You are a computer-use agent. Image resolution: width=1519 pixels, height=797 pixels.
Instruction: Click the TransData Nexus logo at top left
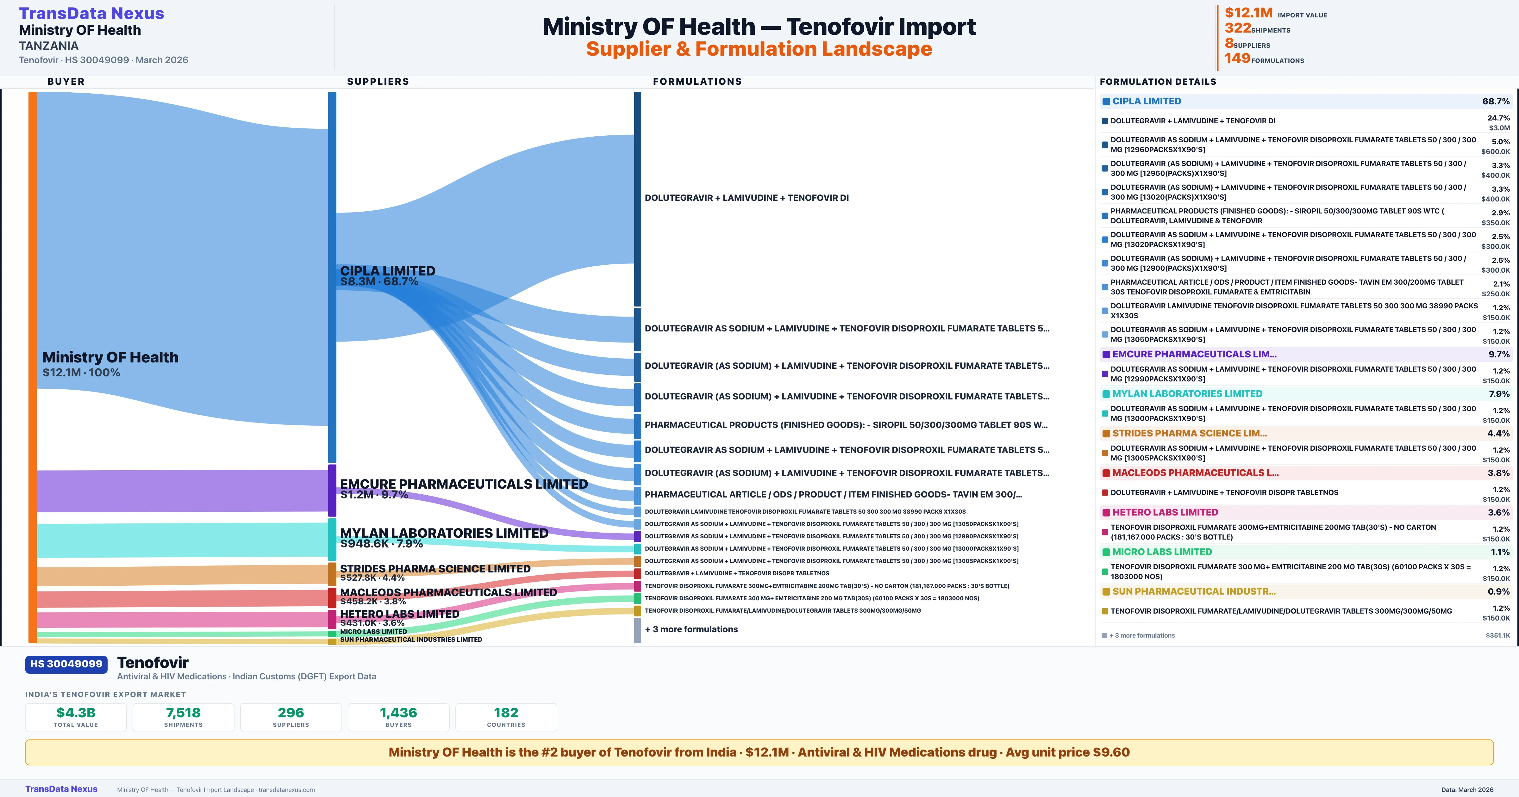point(91,14)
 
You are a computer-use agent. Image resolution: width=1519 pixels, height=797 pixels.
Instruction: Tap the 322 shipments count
point(1238,28)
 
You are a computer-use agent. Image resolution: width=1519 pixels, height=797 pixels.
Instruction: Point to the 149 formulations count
point(1237,59)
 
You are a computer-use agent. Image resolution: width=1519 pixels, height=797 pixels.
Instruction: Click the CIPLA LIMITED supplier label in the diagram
point(387,271)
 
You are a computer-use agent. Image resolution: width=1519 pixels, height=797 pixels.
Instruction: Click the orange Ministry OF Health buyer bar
point(32,366)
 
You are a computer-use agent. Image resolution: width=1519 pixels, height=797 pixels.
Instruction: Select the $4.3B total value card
point(76,717)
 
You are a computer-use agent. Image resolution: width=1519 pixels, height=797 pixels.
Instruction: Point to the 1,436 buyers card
point(399,717)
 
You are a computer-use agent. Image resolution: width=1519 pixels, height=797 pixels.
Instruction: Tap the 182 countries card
point(506,717)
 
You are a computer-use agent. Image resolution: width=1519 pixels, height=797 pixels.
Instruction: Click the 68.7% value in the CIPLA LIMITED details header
point(1495,102)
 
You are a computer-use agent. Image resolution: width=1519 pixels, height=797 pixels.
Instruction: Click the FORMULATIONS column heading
point(697,81)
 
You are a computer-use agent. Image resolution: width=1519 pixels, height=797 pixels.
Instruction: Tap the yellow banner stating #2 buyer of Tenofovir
point(759,752)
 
